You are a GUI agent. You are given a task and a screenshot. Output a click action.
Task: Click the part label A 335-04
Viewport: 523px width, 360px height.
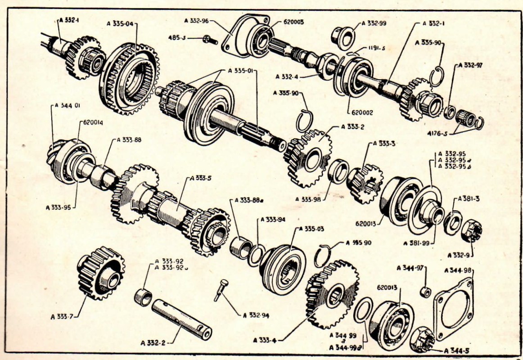click(122, 23)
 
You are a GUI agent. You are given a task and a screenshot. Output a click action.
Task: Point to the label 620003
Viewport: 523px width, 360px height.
click(293, 21)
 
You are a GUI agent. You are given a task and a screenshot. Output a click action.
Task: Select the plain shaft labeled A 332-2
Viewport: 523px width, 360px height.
click(181, 319)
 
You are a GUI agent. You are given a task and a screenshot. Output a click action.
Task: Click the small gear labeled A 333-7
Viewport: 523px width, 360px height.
click(100, 273)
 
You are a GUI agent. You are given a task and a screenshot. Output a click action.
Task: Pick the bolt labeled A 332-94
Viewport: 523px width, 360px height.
click(221, 289)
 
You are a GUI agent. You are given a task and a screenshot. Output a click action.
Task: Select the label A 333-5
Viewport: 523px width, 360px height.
click(202, 178)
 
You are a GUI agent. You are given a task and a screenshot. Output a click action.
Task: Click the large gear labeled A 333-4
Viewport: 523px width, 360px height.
click(332, 294)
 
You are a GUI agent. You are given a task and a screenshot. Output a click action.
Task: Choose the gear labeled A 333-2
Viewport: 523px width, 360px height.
click(309, 157)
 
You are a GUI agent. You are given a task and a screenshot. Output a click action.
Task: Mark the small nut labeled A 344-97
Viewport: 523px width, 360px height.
click(425, 292)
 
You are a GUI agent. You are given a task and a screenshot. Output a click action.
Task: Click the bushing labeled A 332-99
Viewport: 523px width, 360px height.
click(342, 36)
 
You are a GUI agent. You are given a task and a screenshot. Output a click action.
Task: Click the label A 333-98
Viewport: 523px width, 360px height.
click(309, 199)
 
